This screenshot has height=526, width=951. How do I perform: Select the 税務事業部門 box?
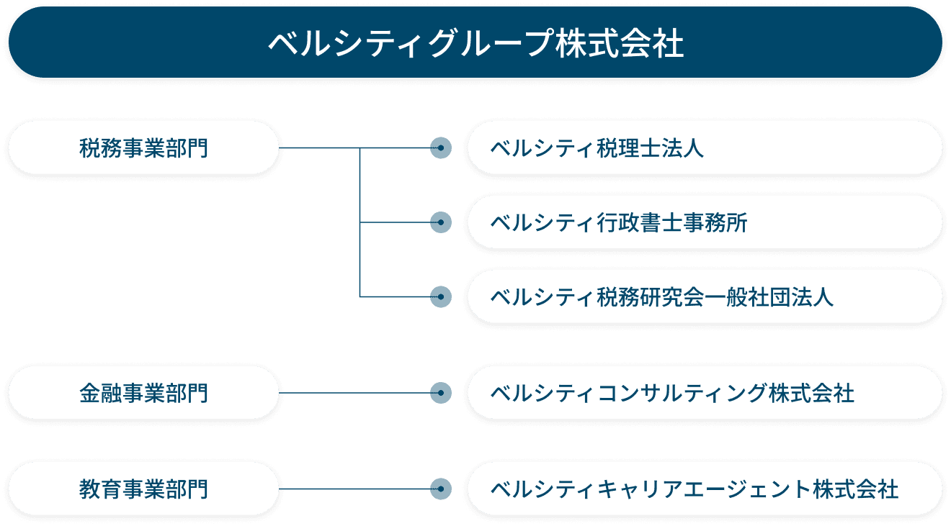[143, 148]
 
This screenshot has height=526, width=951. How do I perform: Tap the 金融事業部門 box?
[143, 393]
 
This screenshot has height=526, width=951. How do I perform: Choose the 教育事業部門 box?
[143, 489]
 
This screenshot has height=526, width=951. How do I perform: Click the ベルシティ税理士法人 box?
[705, 148]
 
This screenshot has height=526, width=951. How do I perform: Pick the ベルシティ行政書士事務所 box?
[705, 223]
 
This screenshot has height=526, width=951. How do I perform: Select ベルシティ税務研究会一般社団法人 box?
[705, 296]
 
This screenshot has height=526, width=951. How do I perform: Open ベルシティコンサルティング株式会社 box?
[705, 393]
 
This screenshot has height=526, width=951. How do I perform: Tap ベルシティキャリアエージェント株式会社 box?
[705, 489]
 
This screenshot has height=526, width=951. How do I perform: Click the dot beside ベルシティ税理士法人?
[440, 148]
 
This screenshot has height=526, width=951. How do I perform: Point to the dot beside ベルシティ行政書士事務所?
[440, 223]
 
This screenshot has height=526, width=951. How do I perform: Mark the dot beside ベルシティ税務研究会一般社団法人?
[440, 296]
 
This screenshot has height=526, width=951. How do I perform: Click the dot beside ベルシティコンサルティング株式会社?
[440, 393]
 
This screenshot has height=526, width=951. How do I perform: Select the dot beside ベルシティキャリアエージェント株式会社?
[440, 489]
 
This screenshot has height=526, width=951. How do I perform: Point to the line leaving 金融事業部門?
[353, 393]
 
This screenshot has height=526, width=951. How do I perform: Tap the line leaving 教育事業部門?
[353, 489]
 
